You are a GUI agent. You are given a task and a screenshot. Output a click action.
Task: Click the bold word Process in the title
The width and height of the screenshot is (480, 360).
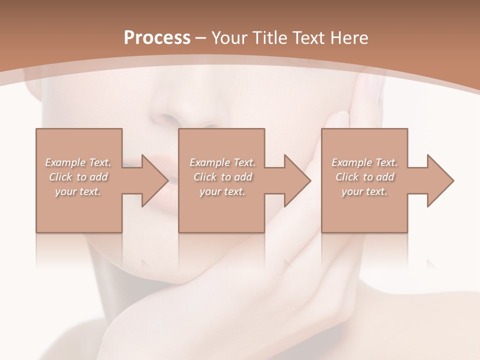157,38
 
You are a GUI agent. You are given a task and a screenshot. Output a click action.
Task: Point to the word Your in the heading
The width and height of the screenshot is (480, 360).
228,38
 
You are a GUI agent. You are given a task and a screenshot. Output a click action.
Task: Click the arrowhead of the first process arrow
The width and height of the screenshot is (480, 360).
154,180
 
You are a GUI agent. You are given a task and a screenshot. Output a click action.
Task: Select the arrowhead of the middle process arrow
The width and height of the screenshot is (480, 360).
297,180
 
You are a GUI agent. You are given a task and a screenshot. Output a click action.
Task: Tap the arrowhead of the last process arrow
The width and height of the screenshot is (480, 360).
440,180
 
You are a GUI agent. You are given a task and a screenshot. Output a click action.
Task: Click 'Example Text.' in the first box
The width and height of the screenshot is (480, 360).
78,162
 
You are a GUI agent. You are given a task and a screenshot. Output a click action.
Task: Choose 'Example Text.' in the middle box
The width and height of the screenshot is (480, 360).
222,162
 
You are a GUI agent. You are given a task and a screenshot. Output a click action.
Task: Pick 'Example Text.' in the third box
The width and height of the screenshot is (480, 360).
364,162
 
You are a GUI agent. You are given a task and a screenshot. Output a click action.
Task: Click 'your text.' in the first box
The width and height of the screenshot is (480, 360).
78,191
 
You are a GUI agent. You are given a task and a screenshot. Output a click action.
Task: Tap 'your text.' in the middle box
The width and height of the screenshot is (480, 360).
222,191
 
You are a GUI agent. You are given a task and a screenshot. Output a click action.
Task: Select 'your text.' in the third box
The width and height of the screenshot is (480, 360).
364,191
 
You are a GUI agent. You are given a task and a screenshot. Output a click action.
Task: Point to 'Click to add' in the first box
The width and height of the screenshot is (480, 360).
78,177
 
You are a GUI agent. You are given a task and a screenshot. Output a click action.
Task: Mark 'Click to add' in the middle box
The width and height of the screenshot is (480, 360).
222,177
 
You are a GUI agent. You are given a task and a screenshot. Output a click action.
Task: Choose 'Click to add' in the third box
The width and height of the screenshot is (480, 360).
364,177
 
